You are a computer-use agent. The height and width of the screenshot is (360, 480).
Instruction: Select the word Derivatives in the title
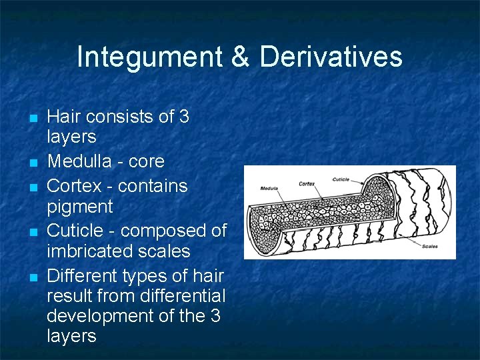point(331,57)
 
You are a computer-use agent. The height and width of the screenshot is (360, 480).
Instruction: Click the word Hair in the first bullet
point(63,117)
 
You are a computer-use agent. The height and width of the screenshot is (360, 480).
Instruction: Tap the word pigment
point(80,207)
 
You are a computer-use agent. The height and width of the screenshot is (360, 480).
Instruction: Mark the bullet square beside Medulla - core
point(31,163)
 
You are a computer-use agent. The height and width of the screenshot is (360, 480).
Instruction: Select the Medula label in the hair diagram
point(270,187)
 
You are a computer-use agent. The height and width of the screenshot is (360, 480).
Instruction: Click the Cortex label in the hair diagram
point(307,183)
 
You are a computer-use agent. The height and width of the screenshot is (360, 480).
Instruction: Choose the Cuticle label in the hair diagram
point(340,179)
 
